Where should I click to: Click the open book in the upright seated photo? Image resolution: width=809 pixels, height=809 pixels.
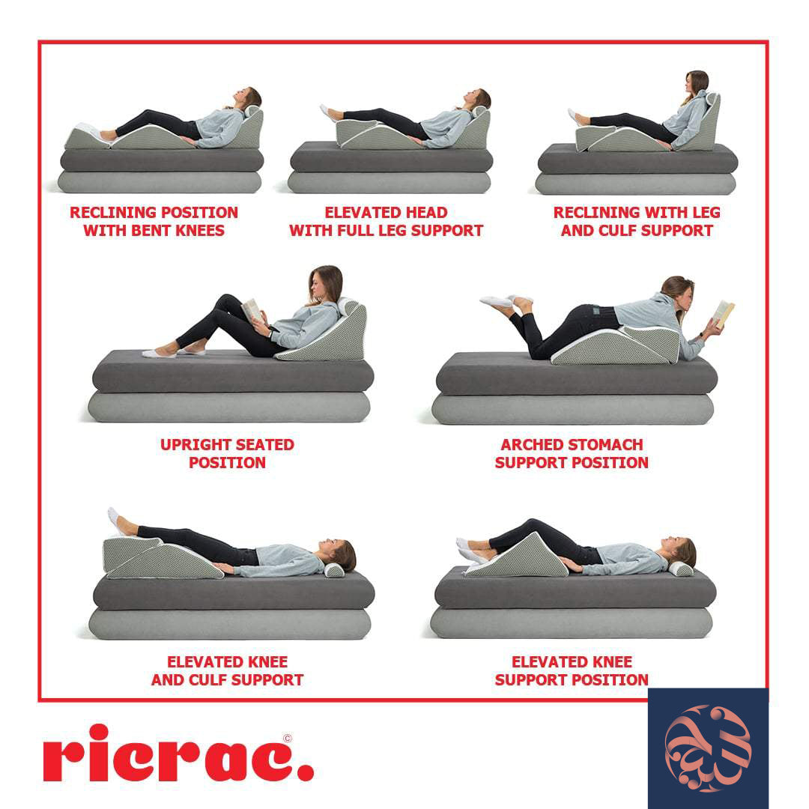tap(253, 309)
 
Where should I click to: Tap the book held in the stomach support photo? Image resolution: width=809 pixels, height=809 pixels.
tap(724, 313)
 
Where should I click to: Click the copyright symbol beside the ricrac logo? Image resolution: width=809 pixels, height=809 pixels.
tap(288, 739)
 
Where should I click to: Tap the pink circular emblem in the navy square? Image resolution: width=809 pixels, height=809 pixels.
tap(708, 748)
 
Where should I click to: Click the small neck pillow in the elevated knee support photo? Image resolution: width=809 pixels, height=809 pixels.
tap(681, 569)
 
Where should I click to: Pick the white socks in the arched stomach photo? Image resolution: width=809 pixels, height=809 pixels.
tap(500, 300)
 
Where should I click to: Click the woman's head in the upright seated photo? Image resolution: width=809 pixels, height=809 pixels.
tap(325, 285)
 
